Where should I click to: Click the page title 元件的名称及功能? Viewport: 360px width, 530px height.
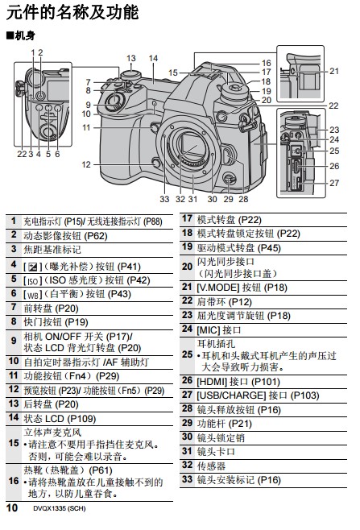72,13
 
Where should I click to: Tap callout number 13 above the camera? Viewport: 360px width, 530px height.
130,58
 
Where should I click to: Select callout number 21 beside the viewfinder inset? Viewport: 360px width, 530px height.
334,71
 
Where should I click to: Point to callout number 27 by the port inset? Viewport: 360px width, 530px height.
334,183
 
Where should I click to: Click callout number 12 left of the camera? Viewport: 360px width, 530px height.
86,164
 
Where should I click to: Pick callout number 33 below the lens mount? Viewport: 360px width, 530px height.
164,199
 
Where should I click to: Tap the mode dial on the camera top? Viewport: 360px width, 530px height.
235,90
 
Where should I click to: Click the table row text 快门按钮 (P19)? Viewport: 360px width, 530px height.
56,322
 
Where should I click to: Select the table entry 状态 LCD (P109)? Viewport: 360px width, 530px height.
60,419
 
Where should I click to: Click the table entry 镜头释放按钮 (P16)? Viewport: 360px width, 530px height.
239,410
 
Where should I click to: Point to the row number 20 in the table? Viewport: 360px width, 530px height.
187,267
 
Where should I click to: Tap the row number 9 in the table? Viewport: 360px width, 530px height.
14,341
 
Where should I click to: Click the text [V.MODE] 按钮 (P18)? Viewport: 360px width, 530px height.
242,288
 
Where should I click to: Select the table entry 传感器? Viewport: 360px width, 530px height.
211,466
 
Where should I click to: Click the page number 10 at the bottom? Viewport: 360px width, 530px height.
12,507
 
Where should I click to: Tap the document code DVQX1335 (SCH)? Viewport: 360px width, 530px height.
59,508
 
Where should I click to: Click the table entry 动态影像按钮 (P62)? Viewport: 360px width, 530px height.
65,236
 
